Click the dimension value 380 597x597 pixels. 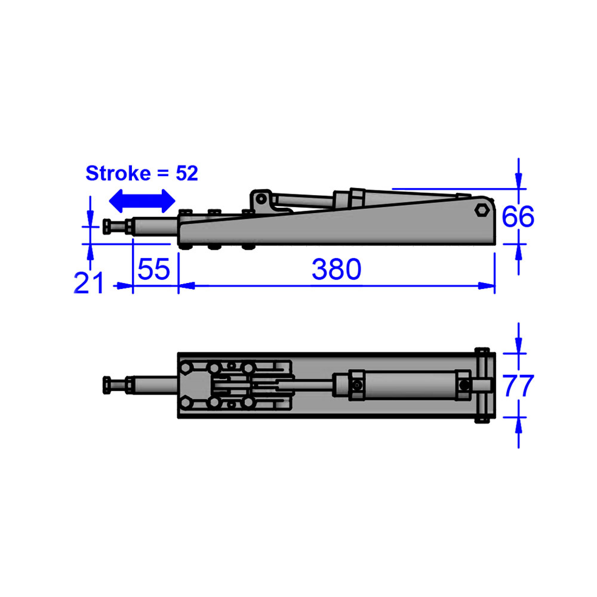click(337, 270)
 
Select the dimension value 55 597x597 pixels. click(154, 270)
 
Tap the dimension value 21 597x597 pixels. click(88, 282)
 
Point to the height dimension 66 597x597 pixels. click(518, 217)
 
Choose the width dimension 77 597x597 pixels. click(518, 386)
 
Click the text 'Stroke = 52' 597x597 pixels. click(141, 173)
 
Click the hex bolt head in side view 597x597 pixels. click(481, 210)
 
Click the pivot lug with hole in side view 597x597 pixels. click(259, 199)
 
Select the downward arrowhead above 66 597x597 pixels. click(518, 181)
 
